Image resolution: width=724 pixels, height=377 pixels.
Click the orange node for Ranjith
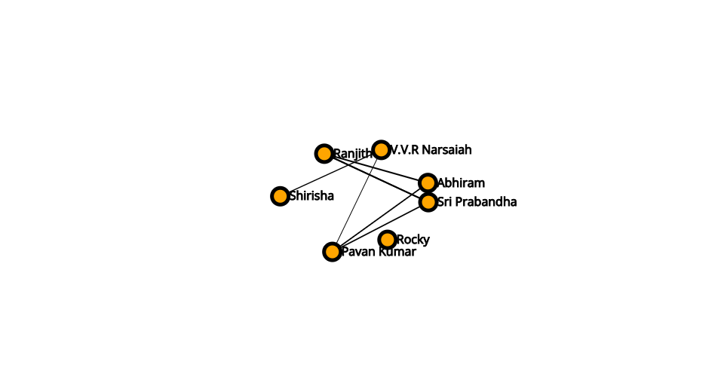tap(324, 153)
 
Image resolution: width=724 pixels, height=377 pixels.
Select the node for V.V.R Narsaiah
tap(381, 149)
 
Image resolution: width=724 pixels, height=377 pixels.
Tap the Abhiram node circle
tap(428, 182)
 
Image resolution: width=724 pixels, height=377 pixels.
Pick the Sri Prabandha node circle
tap(428, 202)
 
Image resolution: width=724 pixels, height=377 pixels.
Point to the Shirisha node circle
tap(280, 196)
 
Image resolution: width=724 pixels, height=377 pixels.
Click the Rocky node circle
tap(387, 240)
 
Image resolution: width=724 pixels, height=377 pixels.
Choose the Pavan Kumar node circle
tap(332, 252)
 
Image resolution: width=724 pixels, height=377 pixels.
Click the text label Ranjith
tap(353, 153)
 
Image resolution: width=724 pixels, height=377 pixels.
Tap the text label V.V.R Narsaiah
tap(431, 149)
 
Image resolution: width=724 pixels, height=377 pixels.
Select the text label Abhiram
tap(461, 182)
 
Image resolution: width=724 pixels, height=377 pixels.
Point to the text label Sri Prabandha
tap(477, 201)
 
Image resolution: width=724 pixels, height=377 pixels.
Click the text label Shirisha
tap(311, 195)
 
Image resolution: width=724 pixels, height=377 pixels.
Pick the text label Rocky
tap(413, 240)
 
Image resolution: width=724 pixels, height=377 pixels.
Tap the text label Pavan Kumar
tap(379, 252)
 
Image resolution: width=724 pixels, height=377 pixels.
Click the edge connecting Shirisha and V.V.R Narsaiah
tap(330, 173)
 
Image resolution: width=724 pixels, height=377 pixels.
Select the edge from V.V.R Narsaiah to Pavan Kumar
tap(357, 201)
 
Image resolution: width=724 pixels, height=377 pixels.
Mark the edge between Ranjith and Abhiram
tap(376, 168)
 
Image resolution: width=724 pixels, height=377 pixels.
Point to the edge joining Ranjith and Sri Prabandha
tap(376, 178)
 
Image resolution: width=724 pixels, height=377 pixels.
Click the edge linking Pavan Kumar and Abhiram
tap(380, 217)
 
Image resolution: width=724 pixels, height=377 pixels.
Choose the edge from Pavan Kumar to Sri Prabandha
tap(380, 227)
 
